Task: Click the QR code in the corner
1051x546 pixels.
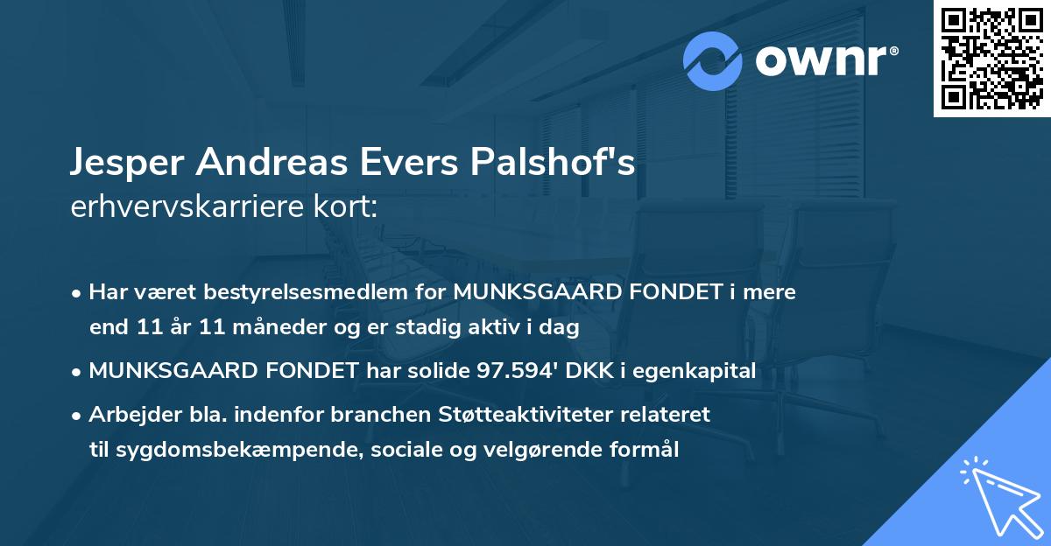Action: (991, 59)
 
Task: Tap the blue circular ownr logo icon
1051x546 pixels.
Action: (713, 61)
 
